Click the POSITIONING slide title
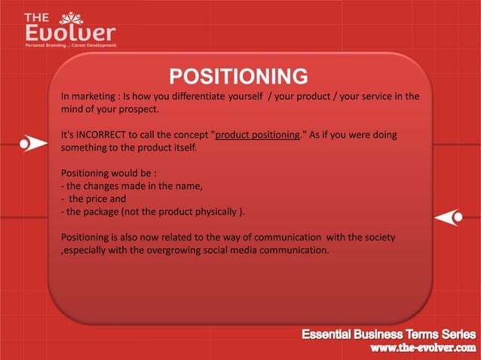point(238,77)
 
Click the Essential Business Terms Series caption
point(389,334)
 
